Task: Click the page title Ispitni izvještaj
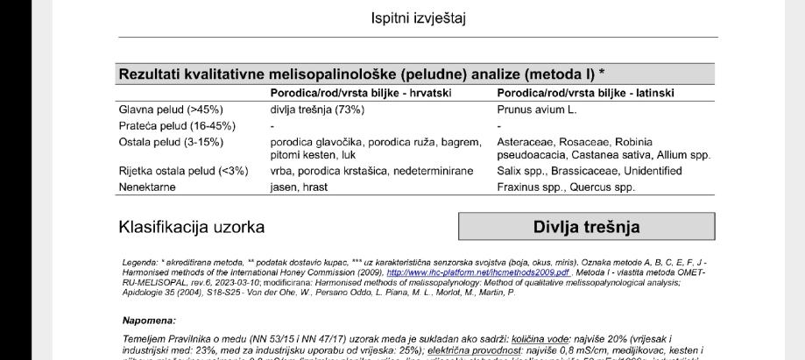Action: (x=417, y=18)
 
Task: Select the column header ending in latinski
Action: (x=586, y=93)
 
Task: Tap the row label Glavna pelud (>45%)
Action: (x=171, y=109)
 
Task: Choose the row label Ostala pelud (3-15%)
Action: (x=170, y=142)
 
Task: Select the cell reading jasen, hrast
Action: (x=299, y=187)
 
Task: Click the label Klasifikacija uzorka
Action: (x=192, y=228)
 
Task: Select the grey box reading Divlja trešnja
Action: (x=586, y=227)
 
